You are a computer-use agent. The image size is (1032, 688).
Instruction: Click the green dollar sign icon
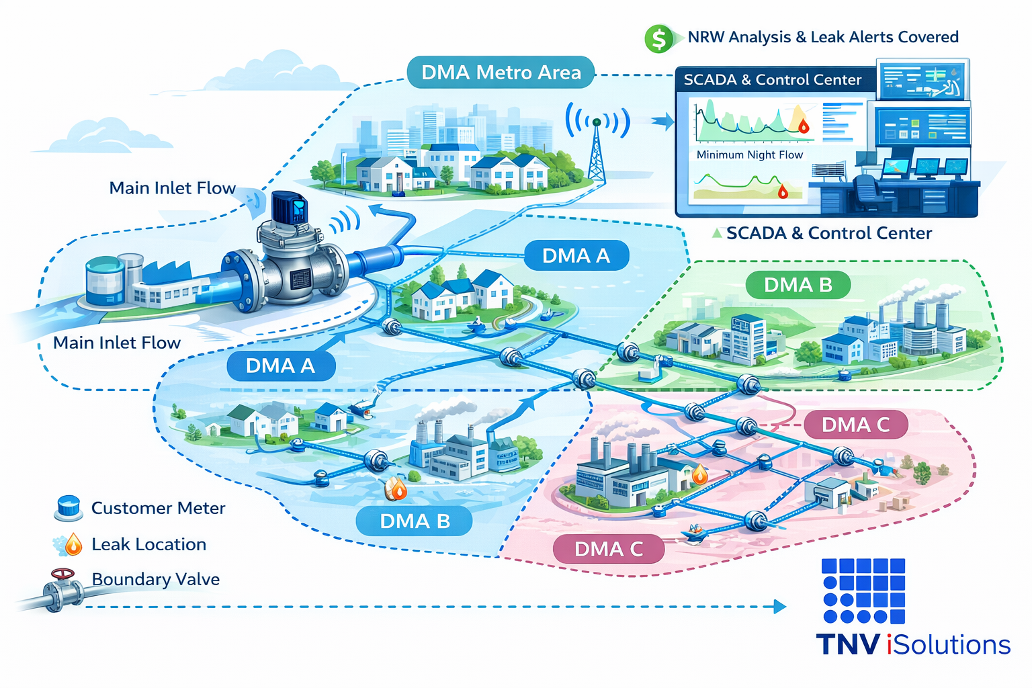point(658,39)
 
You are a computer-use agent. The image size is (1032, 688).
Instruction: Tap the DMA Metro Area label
point(501,73)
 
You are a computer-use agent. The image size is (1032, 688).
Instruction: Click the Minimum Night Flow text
point(749,155)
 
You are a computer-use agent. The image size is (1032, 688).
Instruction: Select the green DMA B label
point(798,285)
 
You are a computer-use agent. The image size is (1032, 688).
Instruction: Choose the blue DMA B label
point(414,521)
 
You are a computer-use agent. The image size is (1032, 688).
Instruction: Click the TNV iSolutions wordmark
point(913,644)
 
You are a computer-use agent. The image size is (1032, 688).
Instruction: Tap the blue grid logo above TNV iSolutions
point(863,591)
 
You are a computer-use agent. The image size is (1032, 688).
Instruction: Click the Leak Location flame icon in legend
point(73,544)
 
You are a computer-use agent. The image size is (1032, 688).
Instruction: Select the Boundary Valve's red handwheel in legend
point(63,575)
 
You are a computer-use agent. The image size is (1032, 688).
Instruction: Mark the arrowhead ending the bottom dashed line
point(780,607)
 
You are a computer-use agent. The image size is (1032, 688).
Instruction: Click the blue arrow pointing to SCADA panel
point(664,122)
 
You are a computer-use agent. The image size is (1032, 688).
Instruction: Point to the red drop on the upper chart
point(804,126)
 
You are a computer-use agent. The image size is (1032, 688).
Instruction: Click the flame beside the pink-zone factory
point(699,474)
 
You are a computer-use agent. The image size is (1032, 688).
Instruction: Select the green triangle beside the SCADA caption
point(717,233)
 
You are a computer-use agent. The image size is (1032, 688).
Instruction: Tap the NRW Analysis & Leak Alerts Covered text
point(822,38)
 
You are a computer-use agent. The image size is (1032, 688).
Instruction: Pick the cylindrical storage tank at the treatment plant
point(105,281)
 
